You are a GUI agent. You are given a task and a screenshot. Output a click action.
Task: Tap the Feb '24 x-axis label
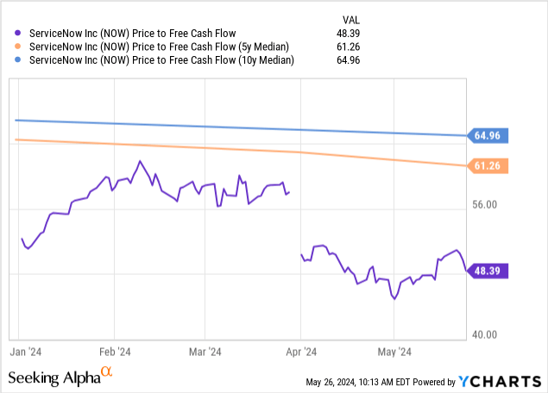point(114,352)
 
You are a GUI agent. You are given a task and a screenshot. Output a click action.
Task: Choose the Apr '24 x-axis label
point(299,352)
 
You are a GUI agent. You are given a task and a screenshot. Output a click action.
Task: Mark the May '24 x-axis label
point(393,352)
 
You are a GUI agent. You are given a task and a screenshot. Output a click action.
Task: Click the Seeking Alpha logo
point(60,377)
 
